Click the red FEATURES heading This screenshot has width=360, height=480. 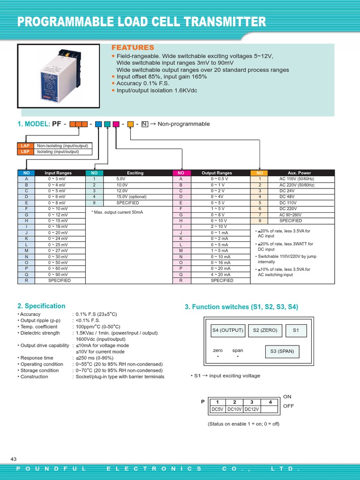pyautogui.click(x=132, y=48)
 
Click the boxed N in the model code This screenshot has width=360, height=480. pyautogui.click(x=144, y=124)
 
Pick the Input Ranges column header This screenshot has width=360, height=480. pyautogui.click(x=58, y=173)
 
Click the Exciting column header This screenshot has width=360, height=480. pyautogui.click(x=135, y=173)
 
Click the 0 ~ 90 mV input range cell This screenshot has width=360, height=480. pyautogui.click(x=58, y=275)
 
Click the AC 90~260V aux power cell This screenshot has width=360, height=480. pyautogui.click(x=291, y=215)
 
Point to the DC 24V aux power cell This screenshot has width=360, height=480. pyautogui.click(x=287, y=191)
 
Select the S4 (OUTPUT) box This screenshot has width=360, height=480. pyautogui.click(x=227, y=330)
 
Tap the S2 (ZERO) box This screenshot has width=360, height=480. pyautogui.click(x=265, y=330)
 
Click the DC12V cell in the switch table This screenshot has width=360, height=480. pyautogui.click(x=252, y=409)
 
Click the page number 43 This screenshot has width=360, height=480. pyautogui.click(x=14, y=458)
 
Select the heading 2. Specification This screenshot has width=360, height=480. pyautogui.click(x=41, y=306)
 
